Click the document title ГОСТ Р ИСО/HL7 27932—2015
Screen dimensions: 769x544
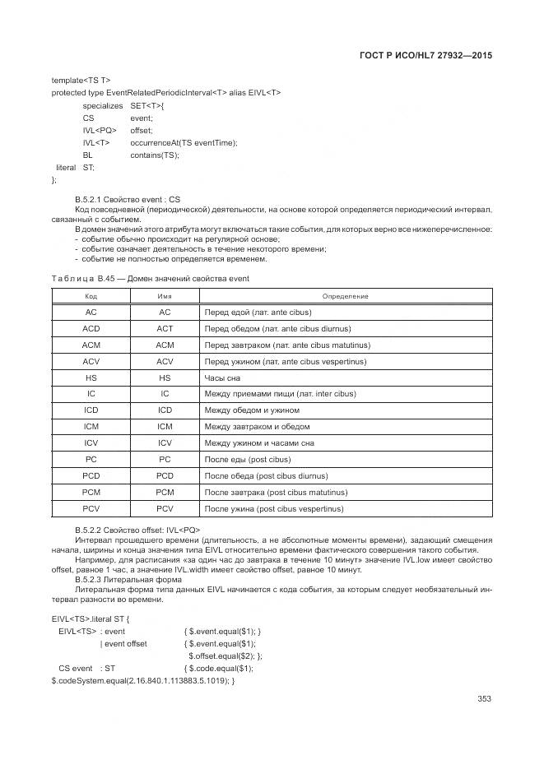pyautogui.click(x=430, y=57)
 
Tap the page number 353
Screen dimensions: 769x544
pyautogui.click(x=484, y=699)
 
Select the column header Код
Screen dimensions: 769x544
pyautogui.click(x=91, y=296)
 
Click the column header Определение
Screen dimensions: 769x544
pyautogui.click(x=345, y=296)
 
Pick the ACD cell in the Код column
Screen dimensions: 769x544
pyautogui.click(x=91, y=329)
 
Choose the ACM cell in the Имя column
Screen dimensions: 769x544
pyautogui.click(x=165, y=345)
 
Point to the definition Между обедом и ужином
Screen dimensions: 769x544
pyautogui.click(x=252, y=410)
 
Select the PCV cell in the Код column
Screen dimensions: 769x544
pyautogui.click(x=91, y=508)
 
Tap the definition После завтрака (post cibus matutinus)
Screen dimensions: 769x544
pyautogui.click(x=276, y=492)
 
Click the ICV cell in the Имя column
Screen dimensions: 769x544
pyautogui.click(x=165, y=443)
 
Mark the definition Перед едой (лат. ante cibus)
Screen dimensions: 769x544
pyautogui.click(x=258, y=313)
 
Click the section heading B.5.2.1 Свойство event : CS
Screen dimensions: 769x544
pyautogui.click(x=127, y=199)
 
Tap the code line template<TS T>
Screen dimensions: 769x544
pyautogui.click(x=81, y=80)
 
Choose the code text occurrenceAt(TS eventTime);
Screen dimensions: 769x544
pyautogui.click(x=184, y=142)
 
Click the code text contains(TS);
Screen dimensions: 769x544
pyautogui.click(x=154, y=155)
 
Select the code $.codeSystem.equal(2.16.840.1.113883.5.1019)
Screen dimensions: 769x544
pyautogui.click(x=142, y=681)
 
